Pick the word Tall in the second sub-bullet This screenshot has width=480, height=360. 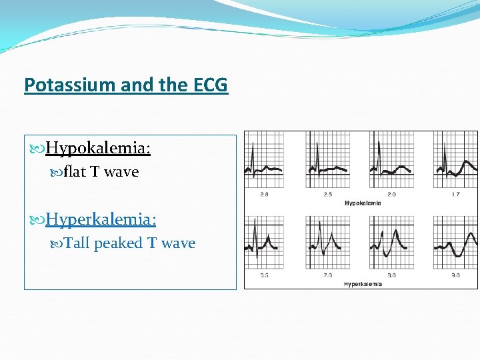(x=77, y=243)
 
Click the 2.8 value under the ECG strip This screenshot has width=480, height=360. (x=264, y=195)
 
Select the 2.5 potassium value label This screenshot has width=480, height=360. (x=327, y=195)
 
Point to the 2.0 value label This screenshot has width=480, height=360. (x=391, y=195)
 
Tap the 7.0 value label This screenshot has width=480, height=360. (x=327, y=275)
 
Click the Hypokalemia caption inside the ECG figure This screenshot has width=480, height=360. (x=363, y=203)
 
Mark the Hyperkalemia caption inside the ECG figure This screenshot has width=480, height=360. (x=363, y=284)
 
